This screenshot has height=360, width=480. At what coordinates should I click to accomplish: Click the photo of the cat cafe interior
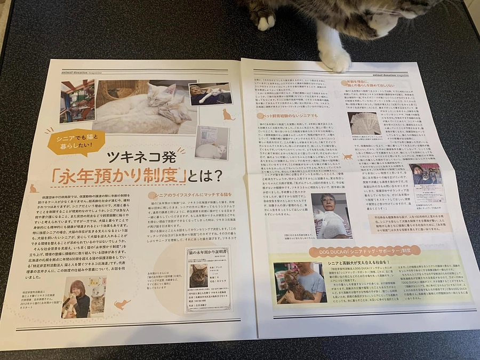pos(77,101)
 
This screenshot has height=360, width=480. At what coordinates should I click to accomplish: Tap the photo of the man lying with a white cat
pos(210,94)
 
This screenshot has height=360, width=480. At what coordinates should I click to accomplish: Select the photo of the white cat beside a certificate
pos(211,142)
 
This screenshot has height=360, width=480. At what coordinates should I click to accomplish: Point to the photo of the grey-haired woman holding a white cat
pos(331,215)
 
